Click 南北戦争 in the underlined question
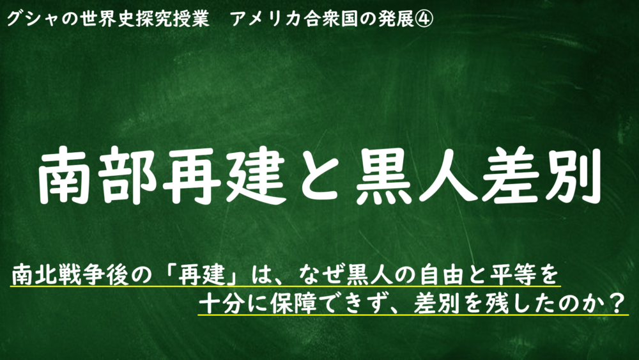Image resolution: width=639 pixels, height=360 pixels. pos(59,275)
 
